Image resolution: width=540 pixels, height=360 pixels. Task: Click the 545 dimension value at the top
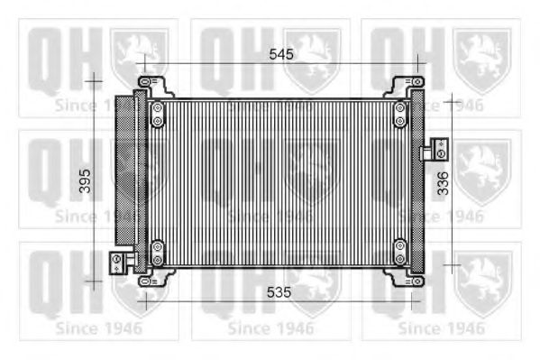(x=281, y=55)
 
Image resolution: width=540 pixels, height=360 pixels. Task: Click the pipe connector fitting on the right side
(x=439, y=146)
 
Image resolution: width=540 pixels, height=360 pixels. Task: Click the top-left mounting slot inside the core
(x=158, y=114)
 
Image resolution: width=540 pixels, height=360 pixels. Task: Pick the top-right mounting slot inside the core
(x=399, y=114)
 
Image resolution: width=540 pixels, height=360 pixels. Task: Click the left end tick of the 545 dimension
(x=142, y=64)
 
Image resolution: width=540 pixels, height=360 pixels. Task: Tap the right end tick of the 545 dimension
(x=418, y=64)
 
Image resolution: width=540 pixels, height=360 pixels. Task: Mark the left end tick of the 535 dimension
(x=144, y=301)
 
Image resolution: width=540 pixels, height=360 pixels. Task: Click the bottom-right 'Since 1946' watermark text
(x=441, y=328)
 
